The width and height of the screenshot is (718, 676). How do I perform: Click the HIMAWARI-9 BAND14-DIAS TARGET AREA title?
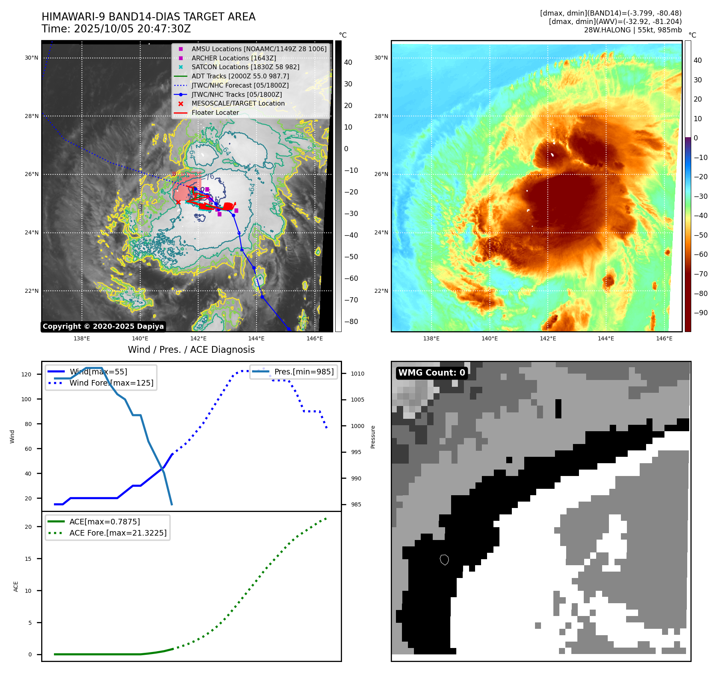tap(148, 17)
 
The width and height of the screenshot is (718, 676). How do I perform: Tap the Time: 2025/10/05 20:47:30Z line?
tap(116, 29)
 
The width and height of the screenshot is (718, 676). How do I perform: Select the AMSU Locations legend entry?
tap(259, 49)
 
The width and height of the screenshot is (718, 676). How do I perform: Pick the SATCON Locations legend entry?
tap(245, 67)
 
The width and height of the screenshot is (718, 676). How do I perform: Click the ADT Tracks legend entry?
tap(240, 76)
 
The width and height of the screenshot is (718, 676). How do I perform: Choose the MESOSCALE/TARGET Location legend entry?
tap(238, 103)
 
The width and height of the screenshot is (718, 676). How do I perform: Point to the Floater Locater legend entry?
tap(215, 112)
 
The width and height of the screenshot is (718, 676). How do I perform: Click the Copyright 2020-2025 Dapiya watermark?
tap(103, 326)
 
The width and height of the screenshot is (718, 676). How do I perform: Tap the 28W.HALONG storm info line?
tap(632, 30)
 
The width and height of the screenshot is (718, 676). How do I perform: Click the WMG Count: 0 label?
tap(432, 373)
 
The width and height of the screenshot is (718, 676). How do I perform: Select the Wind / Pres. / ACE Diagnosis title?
tap(191, 350)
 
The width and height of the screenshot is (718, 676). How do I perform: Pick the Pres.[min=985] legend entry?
tap(304, 372)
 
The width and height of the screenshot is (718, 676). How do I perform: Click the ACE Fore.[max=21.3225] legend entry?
tap(118, 533)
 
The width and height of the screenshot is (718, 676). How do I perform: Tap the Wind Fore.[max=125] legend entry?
tap(111, 383)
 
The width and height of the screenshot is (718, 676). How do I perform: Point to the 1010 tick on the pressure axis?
tap(358, 374)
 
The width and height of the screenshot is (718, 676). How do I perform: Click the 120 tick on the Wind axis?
tap(26, 374)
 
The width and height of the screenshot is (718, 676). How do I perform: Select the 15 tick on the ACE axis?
tap(28, 559)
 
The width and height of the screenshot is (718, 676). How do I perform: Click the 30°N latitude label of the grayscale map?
tap(32, 58)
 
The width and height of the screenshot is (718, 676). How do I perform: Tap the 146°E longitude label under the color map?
tap(664, 338)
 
